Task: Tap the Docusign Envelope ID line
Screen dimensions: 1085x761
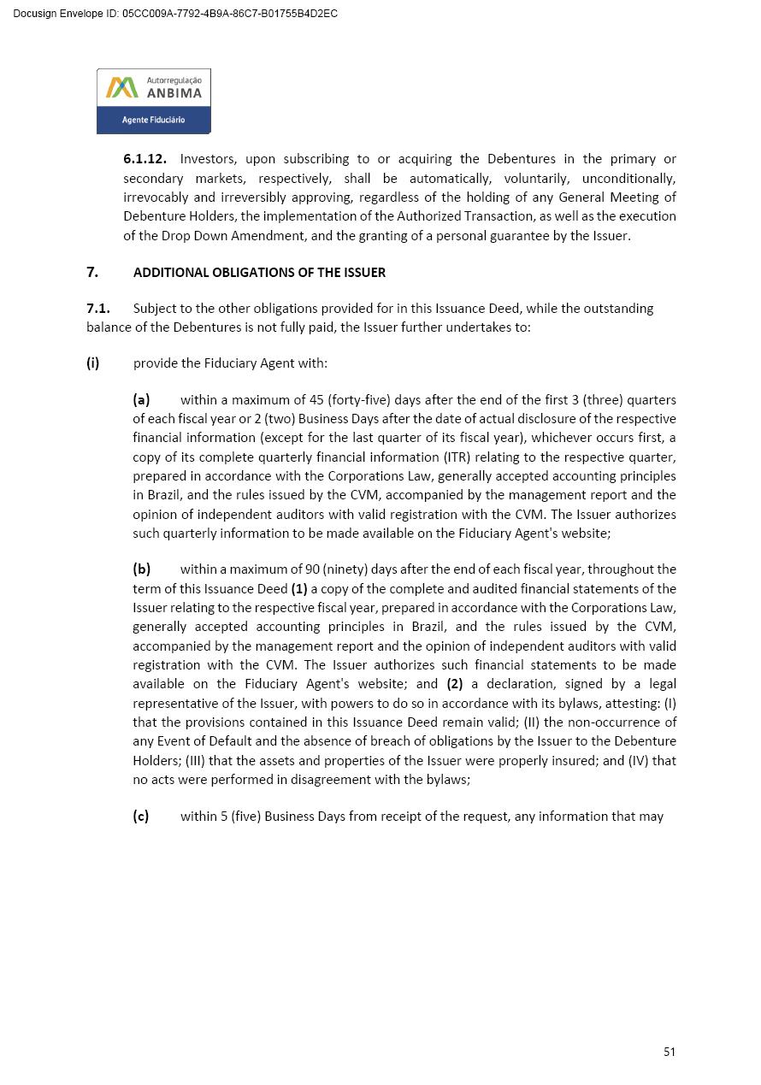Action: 175,14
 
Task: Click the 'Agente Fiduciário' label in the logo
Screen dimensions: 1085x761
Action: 153,120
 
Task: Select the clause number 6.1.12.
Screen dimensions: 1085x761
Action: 145,159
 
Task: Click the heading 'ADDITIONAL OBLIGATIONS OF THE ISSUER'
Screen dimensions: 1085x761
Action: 259,273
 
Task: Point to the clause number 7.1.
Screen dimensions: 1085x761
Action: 98,309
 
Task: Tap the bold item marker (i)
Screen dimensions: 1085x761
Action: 92,363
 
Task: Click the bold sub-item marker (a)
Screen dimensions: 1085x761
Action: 141,400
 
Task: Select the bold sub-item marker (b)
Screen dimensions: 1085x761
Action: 141,569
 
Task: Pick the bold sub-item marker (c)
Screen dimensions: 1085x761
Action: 141,817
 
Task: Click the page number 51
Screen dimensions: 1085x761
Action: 670,1052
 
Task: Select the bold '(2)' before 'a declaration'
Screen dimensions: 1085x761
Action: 454,684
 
